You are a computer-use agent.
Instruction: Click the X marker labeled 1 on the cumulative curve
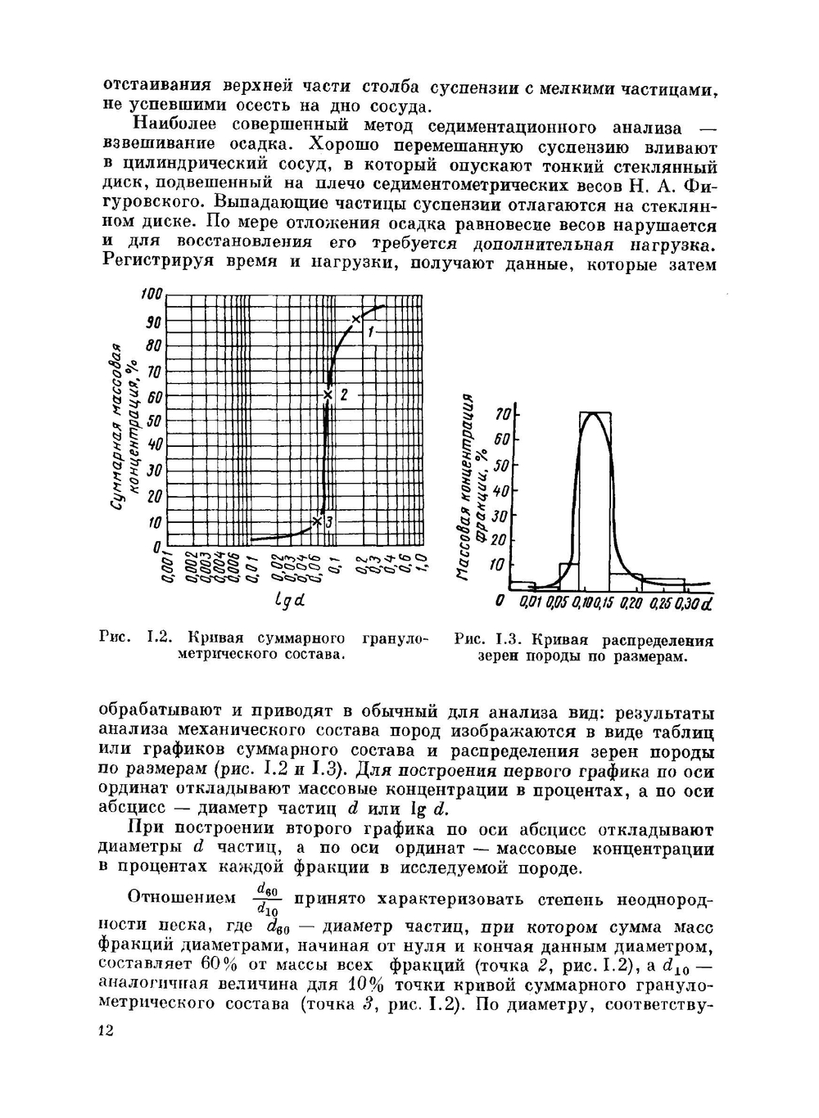[355, 319]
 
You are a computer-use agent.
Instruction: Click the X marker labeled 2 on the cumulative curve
[328, 395]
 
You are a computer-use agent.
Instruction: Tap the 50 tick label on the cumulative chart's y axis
[155, 422]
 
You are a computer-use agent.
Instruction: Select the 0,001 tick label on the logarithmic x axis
[167, 567]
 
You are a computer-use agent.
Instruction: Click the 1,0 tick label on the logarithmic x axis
[420, 565]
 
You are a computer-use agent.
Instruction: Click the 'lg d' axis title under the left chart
[289, 603]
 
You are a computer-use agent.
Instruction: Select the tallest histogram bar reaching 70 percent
[595, 499]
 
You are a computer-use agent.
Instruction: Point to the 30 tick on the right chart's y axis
[500, 516]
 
